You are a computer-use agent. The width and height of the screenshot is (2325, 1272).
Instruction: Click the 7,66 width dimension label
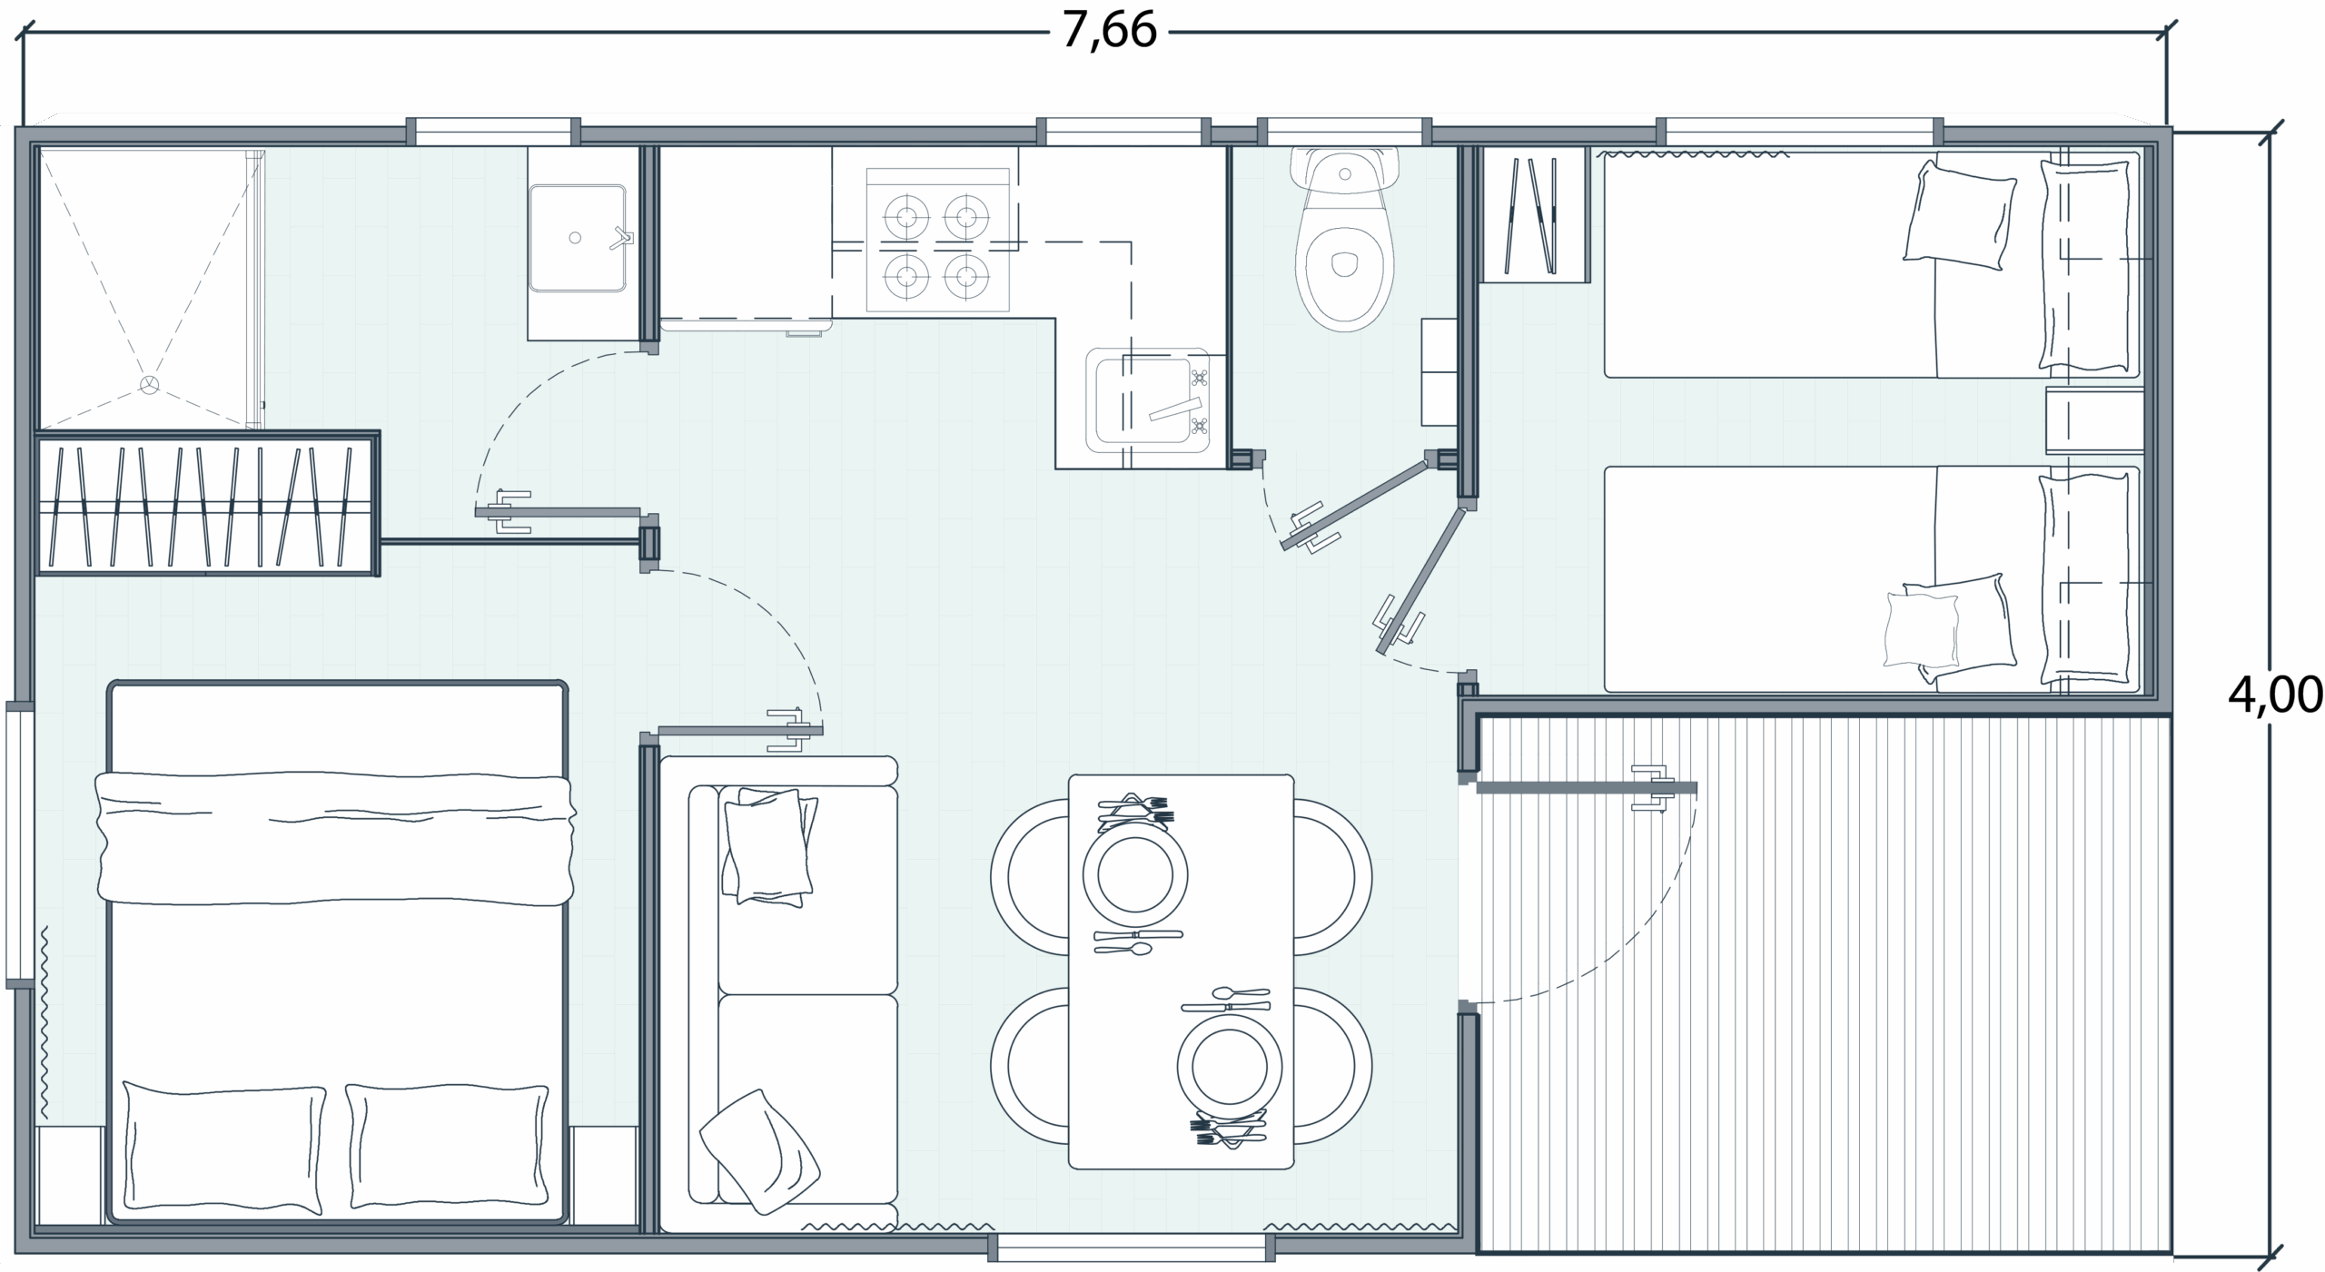click(1109, 32)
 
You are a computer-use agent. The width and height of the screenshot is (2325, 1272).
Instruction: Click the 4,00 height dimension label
click(2274, 695)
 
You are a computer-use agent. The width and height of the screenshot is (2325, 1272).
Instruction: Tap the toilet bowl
click(1345, 241)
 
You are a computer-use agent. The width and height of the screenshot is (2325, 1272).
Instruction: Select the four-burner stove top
click(937, 241)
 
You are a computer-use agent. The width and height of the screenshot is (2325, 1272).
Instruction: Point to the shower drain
click(149, 385)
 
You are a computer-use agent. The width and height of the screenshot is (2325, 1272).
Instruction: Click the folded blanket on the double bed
click(335, 838)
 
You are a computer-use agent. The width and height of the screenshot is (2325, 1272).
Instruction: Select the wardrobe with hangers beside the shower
click(206, 503)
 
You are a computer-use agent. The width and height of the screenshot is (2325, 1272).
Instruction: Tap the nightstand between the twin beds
click(2095, 421)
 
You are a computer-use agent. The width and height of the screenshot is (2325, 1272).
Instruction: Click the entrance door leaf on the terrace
click(1587, 788)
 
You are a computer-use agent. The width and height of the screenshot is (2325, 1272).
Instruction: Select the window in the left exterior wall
click(19, 844)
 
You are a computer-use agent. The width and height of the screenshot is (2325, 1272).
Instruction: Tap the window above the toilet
click(1344, 132)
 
